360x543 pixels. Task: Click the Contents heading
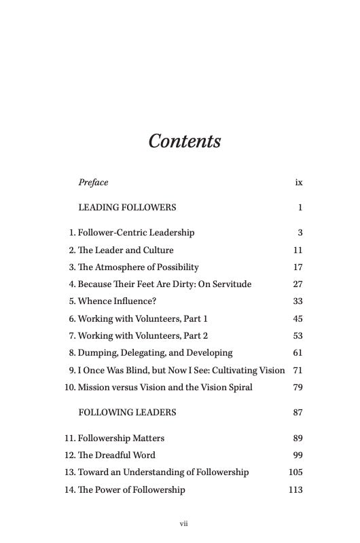tap(185, 141)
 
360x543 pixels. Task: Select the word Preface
tap(93, 183)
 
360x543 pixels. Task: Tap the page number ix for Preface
tap(298, 183)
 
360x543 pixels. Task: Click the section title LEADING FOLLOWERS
tap(127, 208)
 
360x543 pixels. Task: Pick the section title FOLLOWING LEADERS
tap(127, 413)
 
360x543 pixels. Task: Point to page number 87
tap(298, 413)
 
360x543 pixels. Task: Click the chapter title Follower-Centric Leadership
tap(136, 233)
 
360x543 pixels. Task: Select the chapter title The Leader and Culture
tap(126, 250)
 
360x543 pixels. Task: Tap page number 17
tap(298, 267)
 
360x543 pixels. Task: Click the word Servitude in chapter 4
tap(231, 284)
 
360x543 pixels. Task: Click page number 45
tap(298, 319)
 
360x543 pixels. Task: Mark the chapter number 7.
tap(71, 336)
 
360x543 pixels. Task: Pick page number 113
tap(295, 490)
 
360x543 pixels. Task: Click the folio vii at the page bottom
tap(183, 523)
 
